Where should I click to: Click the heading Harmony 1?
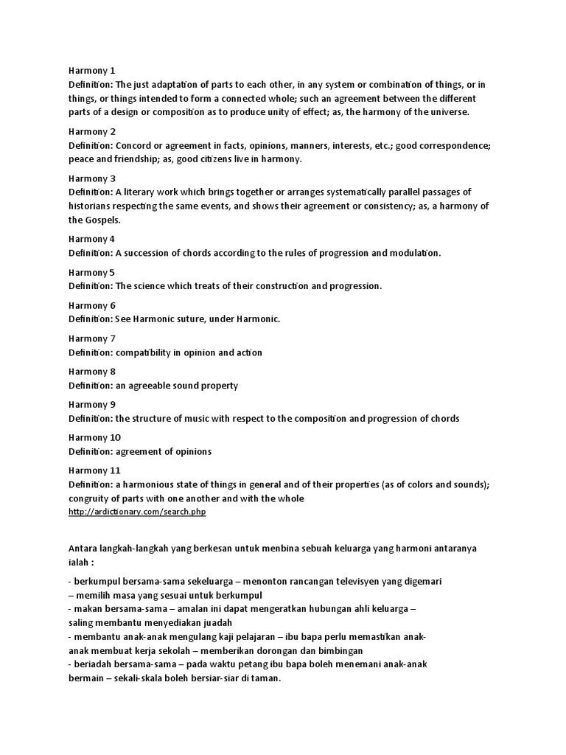(92, 71)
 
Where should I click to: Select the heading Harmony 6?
(92, 305)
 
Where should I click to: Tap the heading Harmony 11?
(94, 470)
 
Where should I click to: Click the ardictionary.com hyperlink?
(137, 512)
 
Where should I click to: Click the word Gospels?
(103, 220)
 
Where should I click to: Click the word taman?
(266, 678)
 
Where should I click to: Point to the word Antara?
(83, 549)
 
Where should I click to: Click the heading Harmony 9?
(92, 405)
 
